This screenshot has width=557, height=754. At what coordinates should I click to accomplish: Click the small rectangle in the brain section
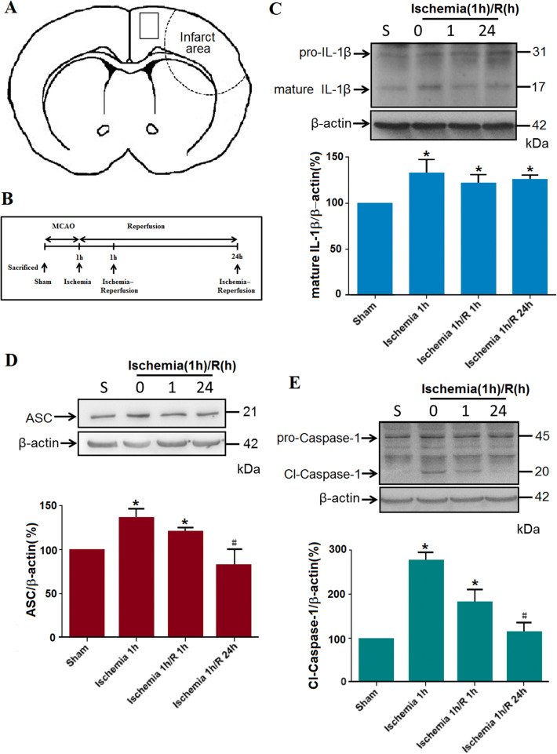149,25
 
